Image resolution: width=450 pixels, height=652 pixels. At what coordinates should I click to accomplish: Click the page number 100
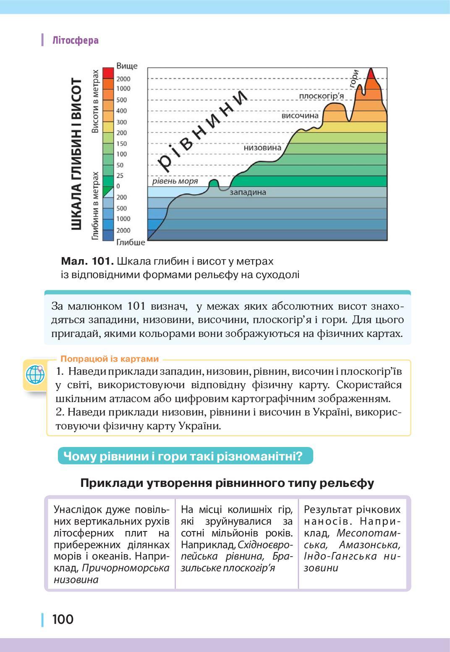coord(63,619)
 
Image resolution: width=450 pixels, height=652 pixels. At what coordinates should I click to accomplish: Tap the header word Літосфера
coord(76,40)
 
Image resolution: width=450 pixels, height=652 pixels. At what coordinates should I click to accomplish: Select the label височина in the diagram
coord(300,116)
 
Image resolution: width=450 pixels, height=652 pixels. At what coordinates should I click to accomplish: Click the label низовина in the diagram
coord(262,148)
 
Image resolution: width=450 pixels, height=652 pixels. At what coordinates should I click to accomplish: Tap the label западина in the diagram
coord(248,192)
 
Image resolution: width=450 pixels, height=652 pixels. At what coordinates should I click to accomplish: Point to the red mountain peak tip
coord(371,70)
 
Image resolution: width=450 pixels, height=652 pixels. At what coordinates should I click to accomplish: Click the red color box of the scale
coord(108,72)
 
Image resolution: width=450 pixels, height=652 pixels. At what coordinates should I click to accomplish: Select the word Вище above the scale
coord(127,66)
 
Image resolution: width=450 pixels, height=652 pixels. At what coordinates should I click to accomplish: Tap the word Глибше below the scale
coord(131,242)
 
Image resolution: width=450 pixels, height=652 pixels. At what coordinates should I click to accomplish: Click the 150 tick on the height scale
coord(121,143)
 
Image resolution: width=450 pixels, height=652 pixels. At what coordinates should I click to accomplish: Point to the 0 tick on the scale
coord(118,186)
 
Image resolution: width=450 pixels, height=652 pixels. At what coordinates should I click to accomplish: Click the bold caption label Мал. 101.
coord(87,261)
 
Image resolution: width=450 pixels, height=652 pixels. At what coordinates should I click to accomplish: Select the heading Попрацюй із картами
coord(110,359)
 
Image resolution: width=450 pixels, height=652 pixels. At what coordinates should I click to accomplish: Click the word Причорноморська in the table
coord(126,568)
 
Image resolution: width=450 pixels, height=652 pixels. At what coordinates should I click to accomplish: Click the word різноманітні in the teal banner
coord(259,456)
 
